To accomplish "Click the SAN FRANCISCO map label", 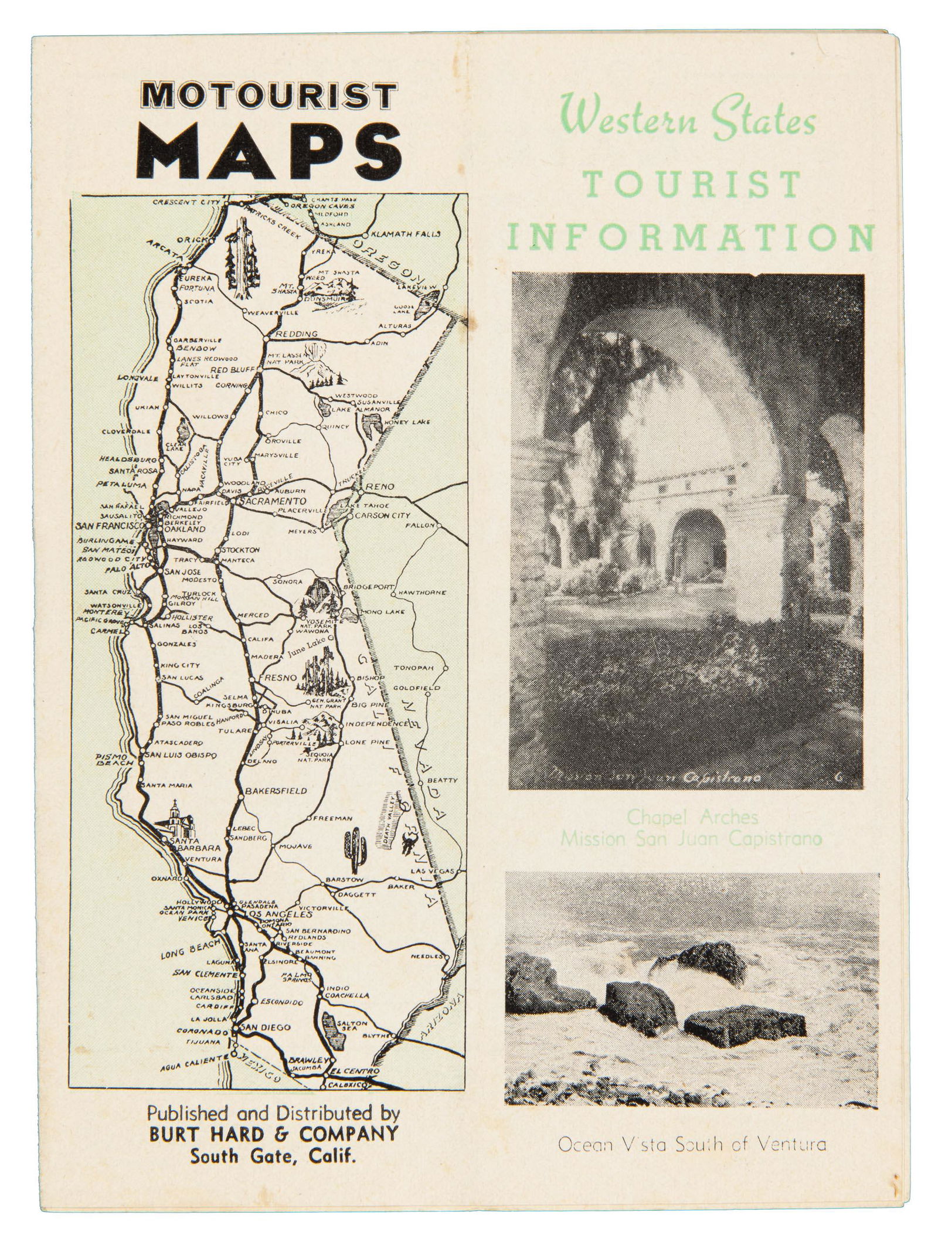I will point(110,526).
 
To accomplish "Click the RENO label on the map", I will point(380,486).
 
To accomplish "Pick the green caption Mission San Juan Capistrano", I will point(692,839).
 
